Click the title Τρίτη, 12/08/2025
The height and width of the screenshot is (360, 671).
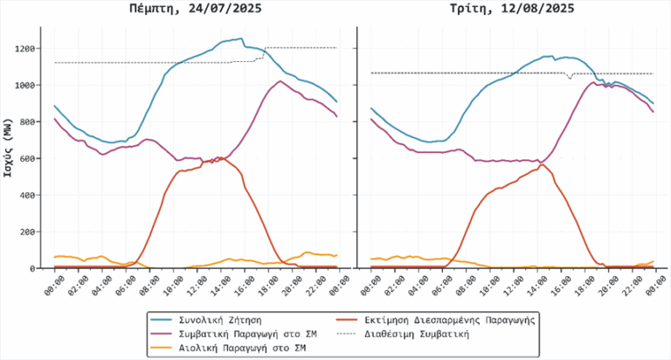[512, 9]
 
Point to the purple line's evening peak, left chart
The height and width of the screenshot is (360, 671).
[280, 81]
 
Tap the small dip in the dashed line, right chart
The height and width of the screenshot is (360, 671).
[570, 79]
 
